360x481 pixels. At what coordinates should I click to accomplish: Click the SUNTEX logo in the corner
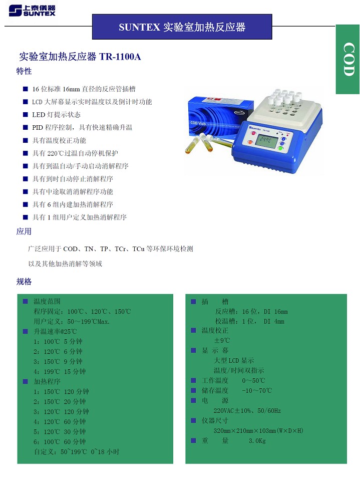point(32,11)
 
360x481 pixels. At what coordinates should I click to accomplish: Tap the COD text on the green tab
point(348,59)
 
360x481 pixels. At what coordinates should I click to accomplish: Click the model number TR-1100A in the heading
point(120,57)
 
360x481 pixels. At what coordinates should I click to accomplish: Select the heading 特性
point(24,71)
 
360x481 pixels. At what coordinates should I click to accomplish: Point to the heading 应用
point(24,231)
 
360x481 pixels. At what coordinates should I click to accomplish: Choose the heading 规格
point(24,282)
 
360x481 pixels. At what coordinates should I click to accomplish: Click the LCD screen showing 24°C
point(266,141)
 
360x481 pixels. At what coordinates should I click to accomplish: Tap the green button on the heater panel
point(280,148)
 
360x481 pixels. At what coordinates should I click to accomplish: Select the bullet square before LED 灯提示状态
point(26,115)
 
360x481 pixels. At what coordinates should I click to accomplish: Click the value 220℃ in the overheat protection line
point(55,153)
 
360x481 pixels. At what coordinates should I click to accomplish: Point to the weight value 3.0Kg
point(257,441)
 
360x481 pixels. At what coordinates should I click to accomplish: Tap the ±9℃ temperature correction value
point(222,341)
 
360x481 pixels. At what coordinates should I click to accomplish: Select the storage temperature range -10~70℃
point(257,390)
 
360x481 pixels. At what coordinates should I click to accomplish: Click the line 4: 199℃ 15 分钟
point(60,371)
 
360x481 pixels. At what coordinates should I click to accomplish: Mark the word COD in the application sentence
point(70,249)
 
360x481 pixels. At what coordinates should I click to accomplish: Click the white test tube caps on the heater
point(284,98)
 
